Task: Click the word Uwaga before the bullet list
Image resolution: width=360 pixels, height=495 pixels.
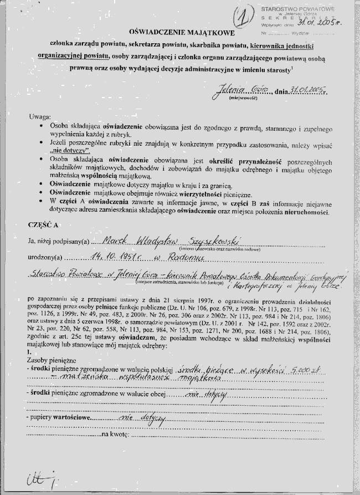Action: (39, 118)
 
